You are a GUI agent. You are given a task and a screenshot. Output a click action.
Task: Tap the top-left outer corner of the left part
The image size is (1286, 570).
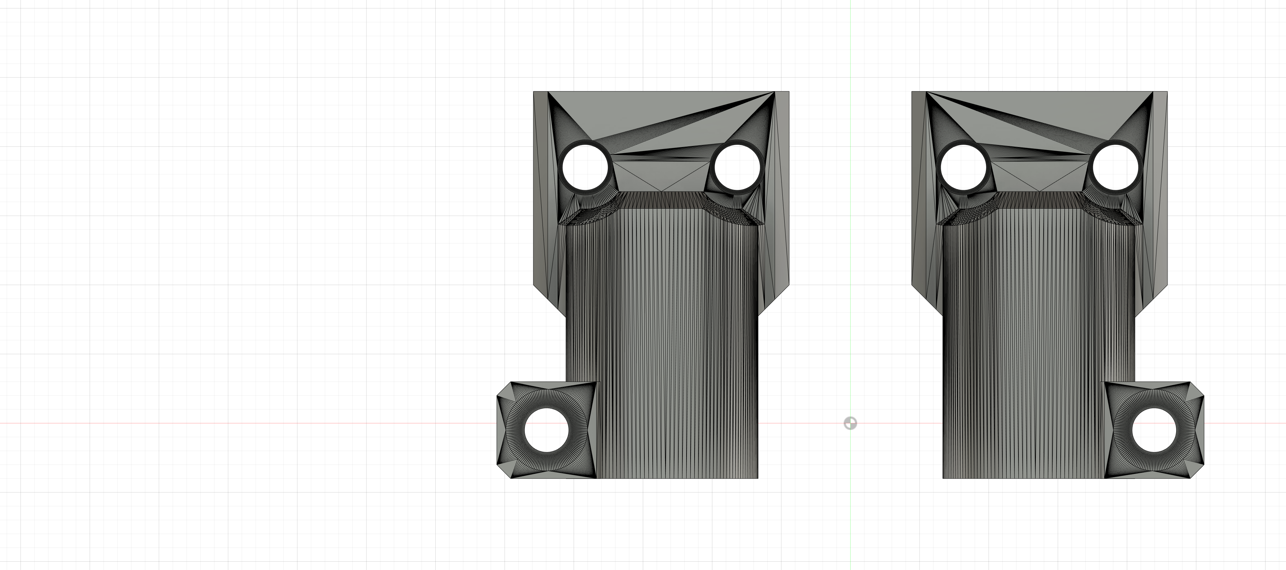[x=534, y=92]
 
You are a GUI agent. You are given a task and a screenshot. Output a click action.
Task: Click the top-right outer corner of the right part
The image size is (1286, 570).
[x=1167, y=92]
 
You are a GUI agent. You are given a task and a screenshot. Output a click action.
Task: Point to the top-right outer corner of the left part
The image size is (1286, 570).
[x=789, y=92]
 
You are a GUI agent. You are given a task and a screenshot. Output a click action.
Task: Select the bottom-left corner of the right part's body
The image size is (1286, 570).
[x=943, y=478]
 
